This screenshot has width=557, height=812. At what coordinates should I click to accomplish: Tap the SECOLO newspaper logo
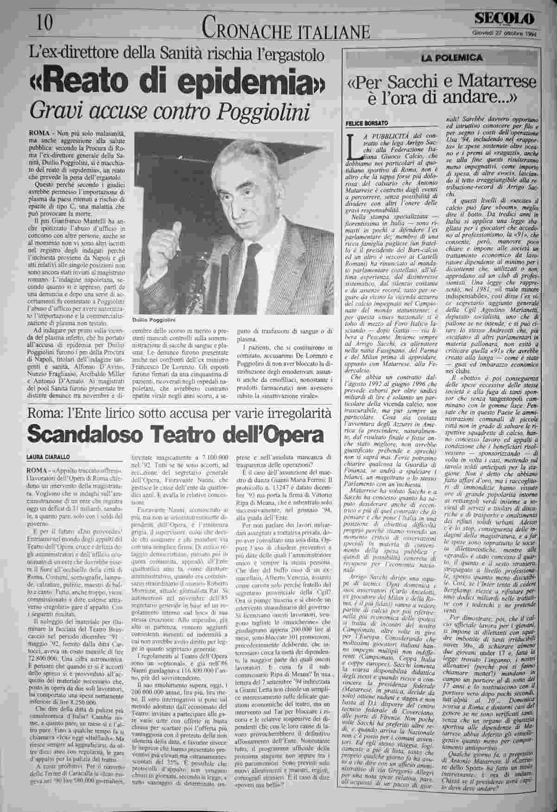(504, 19)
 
